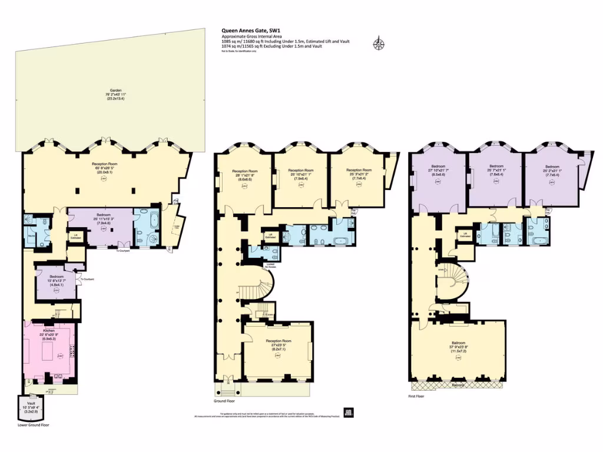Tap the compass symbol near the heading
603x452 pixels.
point(378,43)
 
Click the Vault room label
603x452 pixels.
point(28,407)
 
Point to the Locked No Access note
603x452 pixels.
point(270,265)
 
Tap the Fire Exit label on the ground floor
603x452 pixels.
point(354,211)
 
